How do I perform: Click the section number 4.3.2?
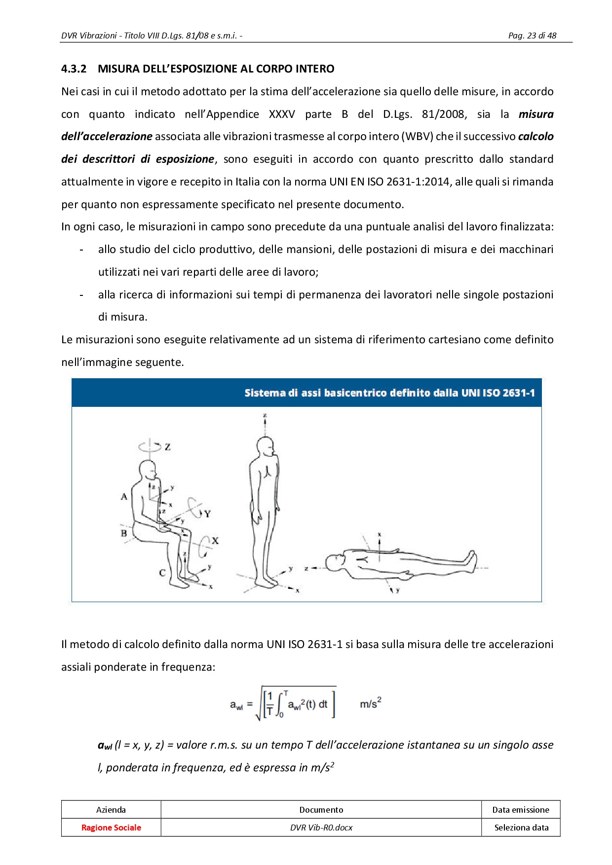coord(74,69)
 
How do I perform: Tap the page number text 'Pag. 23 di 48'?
coord(532,36)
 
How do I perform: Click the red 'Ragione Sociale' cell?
coord(111,828)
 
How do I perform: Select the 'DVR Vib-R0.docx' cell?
coord(321,828)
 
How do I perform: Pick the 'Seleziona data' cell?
coord(521,828)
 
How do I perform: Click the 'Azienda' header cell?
coord(111,810)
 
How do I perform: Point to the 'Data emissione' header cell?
coord(521,810)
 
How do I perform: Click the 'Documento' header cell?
coord(321,810)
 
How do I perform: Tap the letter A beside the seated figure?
coord(124,497)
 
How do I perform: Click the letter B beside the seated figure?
coord(124,533)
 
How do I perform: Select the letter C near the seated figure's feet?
coord(162,573)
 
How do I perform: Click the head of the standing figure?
coord(265,447)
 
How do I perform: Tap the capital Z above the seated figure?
coord(168,447)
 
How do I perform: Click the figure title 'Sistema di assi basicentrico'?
coord(389,393)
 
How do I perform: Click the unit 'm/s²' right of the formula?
coord(370,703)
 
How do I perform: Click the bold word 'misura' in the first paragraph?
coord(535,114)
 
